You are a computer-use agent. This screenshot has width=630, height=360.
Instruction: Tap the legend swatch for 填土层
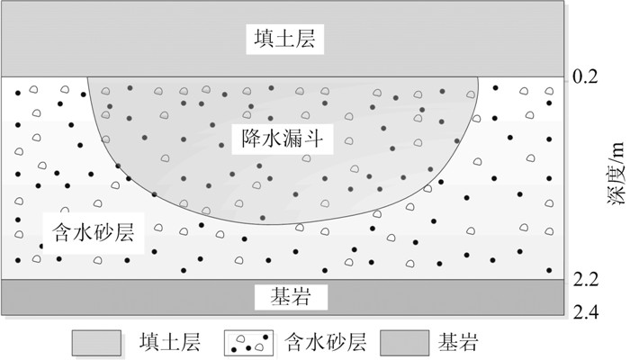tap(94, 343)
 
